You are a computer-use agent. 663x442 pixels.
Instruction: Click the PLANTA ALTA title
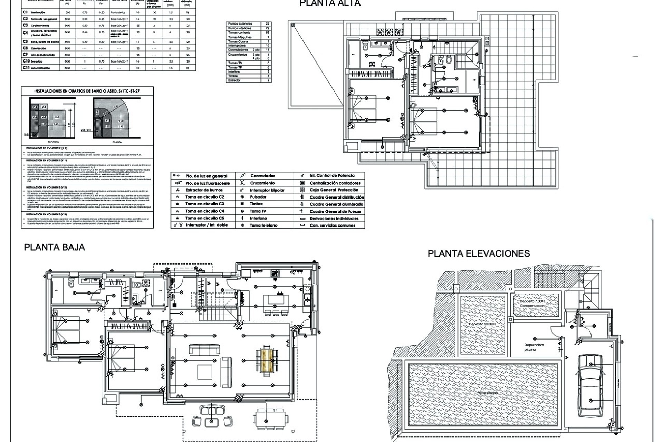pos(330,3)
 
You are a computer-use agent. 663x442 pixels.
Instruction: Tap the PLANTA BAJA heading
pos(54,247)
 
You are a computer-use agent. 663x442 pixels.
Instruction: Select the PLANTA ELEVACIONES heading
pos(479,253)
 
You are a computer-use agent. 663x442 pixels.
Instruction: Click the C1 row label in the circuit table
pos(25,12)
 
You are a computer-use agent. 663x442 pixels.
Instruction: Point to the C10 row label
pos(26,61)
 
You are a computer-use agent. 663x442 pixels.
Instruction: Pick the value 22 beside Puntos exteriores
pos(267,24)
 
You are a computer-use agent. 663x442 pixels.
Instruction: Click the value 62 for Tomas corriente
pos(267,33)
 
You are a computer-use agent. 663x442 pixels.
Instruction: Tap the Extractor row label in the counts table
pos(234,80)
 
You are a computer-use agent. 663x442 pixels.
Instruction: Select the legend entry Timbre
pos(256,204)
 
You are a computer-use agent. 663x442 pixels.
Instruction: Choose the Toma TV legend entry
pos(258,211)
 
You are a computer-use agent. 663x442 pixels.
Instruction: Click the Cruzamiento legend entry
pos(262,183)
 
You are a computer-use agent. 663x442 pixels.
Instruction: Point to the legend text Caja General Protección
pos(334,190)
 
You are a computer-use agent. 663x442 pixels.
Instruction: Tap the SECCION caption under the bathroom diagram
pos(53,142)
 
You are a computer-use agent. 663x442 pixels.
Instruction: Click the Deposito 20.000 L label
pos(482,324)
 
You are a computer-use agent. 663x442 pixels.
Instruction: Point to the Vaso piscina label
pos(488,393)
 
